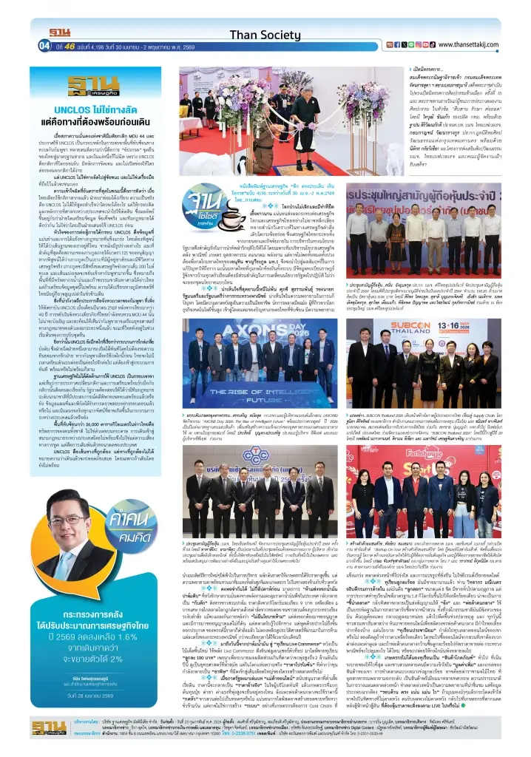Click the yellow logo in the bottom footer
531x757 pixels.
[48, 727]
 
